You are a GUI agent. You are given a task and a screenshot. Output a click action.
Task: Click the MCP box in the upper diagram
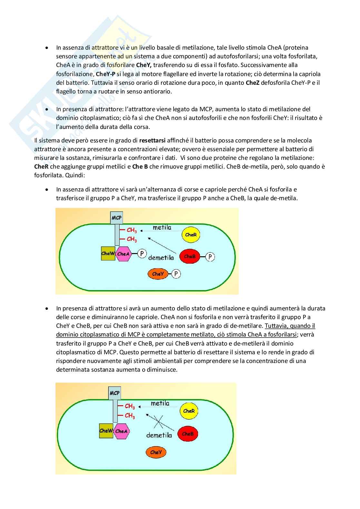[116, 218]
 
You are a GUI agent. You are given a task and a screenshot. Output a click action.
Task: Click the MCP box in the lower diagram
[115, 393]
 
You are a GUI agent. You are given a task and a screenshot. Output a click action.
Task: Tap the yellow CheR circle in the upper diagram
[191, 235]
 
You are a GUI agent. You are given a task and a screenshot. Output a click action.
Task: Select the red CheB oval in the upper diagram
[190, 257]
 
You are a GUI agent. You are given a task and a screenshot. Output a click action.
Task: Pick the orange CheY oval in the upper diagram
[158, 274]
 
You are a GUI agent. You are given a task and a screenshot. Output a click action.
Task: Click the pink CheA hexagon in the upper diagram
[123, 254]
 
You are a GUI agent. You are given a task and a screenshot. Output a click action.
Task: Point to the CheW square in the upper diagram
[108, 253]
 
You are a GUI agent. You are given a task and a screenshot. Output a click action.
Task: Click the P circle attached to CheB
[210, 257]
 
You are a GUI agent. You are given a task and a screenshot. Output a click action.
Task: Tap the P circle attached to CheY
[176, 274]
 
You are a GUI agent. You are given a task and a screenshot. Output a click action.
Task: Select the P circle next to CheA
[142, 254]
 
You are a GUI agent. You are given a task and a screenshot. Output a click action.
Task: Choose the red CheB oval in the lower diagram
[188, 434]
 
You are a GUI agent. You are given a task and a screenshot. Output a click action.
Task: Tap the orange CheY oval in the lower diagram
[156, 452]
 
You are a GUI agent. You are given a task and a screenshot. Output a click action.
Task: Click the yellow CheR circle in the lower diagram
[189, 411]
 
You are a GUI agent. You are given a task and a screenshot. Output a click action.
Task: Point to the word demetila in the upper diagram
[161, 258]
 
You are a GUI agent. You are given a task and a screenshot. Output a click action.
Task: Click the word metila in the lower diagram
[160, 403]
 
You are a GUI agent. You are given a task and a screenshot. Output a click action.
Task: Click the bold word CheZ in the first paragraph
[253, 83]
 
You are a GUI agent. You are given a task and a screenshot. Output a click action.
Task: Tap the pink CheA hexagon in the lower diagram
[121, 431]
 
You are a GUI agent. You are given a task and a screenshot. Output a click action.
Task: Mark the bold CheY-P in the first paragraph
[105, 74]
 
